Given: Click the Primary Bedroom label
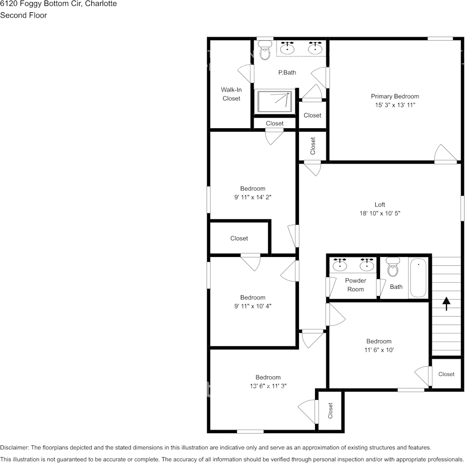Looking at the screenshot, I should [x=395, y=96].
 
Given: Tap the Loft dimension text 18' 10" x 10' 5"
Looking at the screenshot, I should [x=380, y=213].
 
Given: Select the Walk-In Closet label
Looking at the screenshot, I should [x=231, y=94].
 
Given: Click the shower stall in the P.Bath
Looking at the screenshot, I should [x=275, y=102].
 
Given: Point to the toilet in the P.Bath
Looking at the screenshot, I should [x=265, y=51].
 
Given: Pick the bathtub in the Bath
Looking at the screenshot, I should [x=418, y=278].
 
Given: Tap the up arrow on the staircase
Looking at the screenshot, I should [x=446, y=303].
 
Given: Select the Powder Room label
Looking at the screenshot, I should [x=356, y=285].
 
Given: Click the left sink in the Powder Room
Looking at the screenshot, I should [x=340, y=265].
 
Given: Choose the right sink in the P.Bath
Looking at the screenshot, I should [x=316, y=48].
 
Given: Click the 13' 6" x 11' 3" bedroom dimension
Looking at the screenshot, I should [x=268, y=386].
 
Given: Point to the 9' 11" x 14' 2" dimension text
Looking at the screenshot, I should [x=253, y=197].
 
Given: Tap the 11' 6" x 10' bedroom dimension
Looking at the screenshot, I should [x=379, y=350].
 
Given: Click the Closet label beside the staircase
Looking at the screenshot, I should [x=446, y=374].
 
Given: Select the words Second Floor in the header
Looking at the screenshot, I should [x=23, y=15].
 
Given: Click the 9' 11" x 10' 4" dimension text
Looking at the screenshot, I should [x=253, y=306].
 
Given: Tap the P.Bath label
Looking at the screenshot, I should [x=287, y=72].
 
